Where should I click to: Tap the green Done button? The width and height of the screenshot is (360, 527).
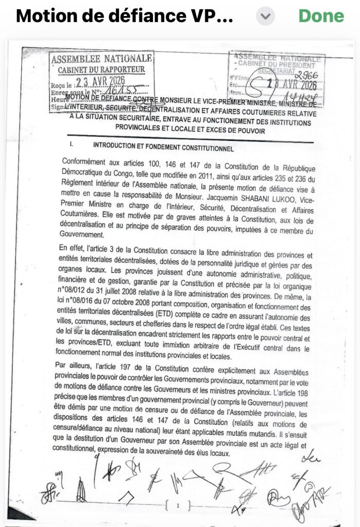[321, 15]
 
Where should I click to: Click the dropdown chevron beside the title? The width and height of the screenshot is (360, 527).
[265, 16]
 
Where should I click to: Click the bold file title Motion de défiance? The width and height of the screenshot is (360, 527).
[124, 16]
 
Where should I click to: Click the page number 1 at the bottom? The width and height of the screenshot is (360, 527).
[177, 506]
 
